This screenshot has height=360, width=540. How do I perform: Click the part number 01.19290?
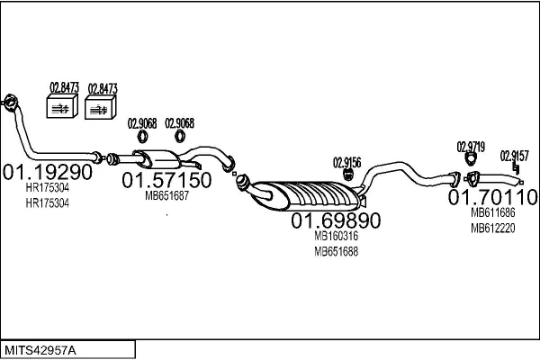tap(48, 172)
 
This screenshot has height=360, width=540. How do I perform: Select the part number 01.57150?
tap(166, 180)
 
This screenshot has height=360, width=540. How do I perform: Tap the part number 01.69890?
tap(336, 220)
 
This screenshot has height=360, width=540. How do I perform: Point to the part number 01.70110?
tap(492, 197)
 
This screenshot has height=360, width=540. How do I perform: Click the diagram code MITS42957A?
tap(40, 351)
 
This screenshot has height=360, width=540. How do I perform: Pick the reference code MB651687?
tap(166, 196)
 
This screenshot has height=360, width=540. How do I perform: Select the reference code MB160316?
tap(336, 236)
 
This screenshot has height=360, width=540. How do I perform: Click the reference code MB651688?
tap(336, 252)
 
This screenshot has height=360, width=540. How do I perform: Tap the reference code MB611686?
tap(493, 212)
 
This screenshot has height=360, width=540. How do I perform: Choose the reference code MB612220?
tap(493, 228)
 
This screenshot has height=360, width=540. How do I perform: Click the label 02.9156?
tap(346, 163)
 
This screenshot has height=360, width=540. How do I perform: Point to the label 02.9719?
tap(471, 147)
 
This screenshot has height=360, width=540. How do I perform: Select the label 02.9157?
tap(514, 156)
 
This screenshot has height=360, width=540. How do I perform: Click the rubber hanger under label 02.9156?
tap(348, 175)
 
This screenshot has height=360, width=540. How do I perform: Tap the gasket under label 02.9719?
tap(471, 159)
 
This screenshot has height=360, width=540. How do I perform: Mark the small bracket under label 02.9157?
tap(516, 168)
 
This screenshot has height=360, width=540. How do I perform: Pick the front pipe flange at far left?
tap(10, 103)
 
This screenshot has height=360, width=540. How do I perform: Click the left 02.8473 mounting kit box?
tap(61, 106)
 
